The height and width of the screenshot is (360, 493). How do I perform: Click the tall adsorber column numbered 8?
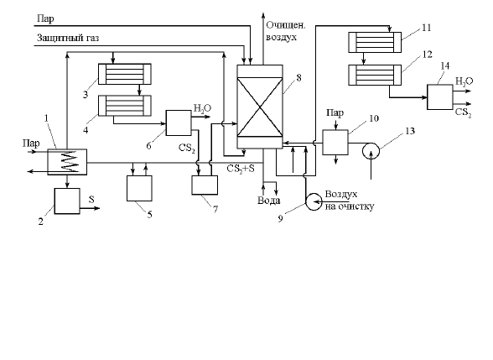(x=260, y=107)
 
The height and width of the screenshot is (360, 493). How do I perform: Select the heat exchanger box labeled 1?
(x=67, y=162)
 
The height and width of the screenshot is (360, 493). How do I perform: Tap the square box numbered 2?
(x=67, y=201)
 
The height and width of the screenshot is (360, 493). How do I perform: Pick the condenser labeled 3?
(x=125, y=74)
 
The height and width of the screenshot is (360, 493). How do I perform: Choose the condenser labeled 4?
(x=125, y=106)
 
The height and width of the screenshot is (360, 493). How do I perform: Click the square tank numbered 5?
(x=139, y=188)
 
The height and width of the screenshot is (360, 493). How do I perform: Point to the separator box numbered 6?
(x=179, y=123)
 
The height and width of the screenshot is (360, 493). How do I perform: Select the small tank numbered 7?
(x=205, y=185)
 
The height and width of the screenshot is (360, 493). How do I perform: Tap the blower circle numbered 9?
(x=314, y=201)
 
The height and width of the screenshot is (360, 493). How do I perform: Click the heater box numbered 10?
(x=335, y=143)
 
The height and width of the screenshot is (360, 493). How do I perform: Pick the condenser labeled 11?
(x=375, y=42)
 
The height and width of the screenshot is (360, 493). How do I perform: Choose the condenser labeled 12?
(x=375, y=75)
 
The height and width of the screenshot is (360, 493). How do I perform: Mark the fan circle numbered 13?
(x=371, y=151)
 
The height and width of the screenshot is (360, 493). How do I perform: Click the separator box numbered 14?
(x=440, y=97)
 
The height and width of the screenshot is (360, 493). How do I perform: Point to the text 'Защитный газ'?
(x=68, y=38)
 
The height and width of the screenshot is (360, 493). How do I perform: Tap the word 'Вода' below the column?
(x=269, y=201)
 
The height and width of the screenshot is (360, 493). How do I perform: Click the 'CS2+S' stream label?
(x=241, y=169)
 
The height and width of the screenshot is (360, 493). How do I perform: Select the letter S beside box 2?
(x=91, y=199)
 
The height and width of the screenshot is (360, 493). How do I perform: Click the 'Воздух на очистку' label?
(x=350, y=200)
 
